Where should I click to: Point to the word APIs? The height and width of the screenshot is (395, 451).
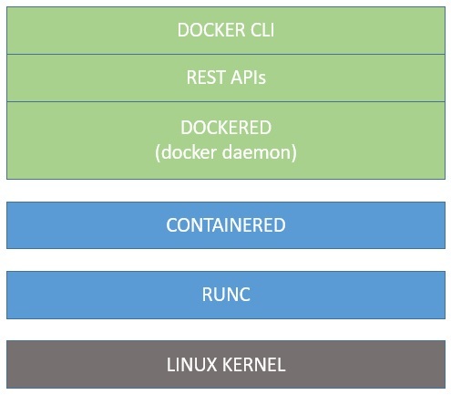[248, 78]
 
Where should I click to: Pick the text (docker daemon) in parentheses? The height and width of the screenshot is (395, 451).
[226, 152]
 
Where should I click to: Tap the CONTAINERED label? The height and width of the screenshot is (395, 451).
[226, 225]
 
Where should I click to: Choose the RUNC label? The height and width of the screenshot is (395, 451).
[226, 295]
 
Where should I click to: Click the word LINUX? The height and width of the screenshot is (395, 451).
[192, 365]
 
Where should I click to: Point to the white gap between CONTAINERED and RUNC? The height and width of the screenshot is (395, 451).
[226, 260]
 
